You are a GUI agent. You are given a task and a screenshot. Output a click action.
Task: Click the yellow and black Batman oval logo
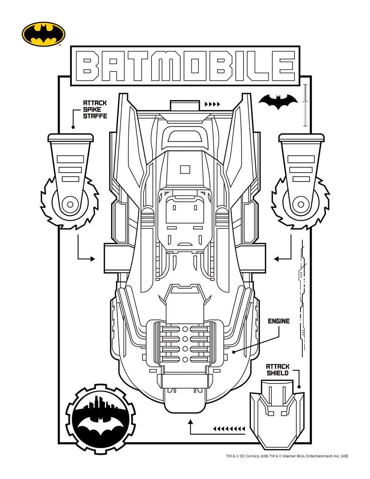click(x=44, y=34)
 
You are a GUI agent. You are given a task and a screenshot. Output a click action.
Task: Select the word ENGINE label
click(x=279, y=321)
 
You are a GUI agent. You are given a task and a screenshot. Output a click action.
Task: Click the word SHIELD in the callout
click(x=277, y=373)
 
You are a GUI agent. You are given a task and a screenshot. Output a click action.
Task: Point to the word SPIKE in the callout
click(x=92, y=109)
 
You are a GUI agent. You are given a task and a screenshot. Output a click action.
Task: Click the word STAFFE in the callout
click(x=95, y=116)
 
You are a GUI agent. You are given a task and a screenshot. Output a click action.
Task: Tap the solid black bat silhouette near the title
click(x=278, y=102)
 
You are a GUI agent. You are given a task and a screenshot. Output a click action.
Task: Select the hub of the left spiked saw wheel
click(x=70, y=204)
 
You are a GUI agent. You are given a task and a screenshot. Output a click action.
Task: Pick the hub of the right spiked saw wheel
click(x=301, y=204)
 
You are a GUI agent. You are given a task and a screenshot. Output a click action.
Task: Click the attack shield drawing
click(x=277, y=415)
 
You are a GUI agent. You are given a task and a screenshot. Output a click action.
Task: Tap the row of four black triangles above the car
click(x=212, y=104)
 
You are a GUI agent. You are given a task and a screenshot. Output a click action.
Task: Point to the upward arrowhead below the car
click(x=191, y=422)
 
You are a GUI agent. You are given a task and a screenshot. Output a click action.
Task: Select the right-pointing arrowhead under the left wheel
click(x=93, y=259)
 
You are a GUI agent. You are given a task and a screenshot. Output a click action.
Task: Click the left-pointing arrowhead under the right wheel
click(x=276, y=259)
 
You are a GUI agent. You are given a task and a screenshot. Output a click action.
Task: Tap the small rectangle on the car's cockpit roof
click(x=185, y=169)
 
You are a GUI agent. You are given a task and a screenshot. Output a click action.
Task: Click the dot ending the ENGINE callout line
click(x=234, y=352)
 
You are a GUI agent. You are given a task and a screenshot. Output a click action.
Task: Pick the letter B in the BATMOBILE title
click(x=88, y=66)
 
